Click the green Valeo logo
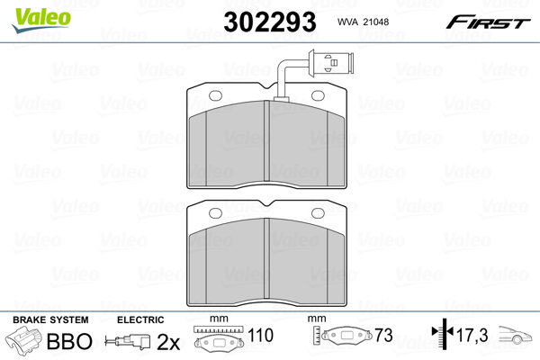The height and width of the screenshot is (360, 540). point(41,20)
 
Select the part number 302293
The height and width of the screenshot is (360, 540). point(270,22)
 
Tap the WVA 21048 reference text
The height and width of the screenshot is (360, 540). point(363,22)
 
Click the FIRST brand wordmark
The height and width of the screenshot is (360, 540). point(488,22)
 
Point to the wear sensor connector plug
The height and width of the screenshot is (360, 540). point(331,63)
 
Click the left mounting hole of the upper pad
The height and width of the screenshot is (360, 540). point(216,95)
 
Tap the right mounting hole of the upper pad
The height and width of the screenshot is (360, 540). point(318,95)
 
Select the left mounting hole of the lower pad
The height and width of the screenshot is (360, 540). point(216,213)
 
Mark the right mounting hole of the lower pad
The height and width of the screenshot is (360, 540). point(318,213)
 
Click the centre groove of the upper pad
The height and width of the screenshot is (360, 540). point(266,140)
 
